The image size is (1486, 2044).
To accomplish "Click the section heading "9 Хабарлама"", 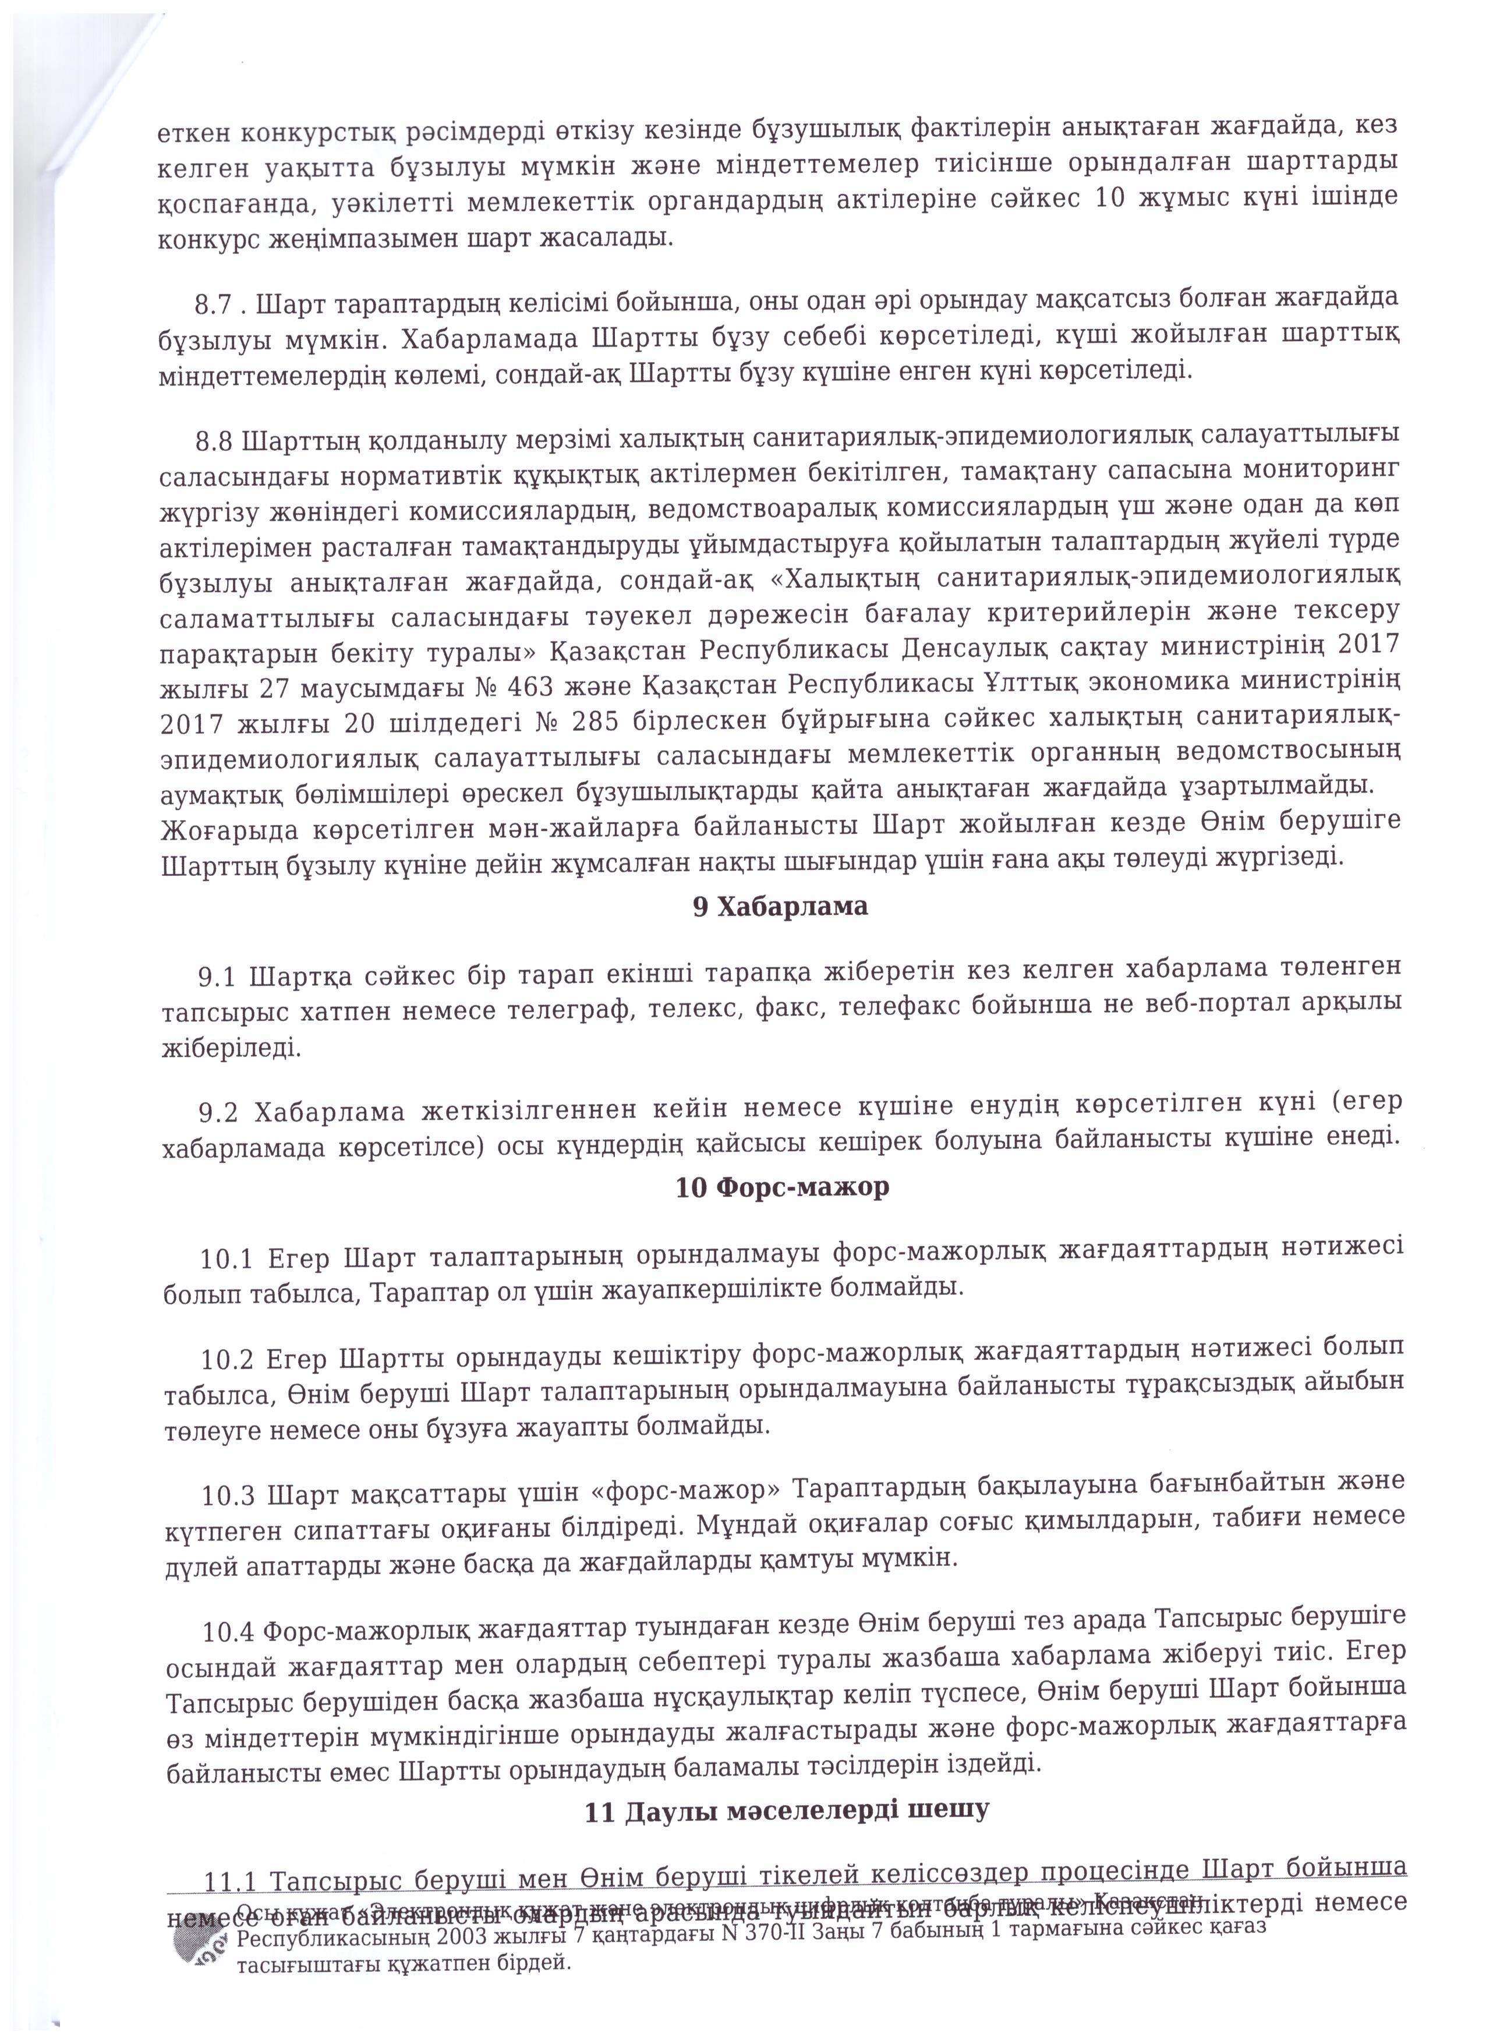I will pyautogui.click(x=780, y=907).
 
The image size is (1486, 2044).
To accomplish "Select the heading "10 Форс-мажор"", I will pyautogui.click(x=781, y=1187).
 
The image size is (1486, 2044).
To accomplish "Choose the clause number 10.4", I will pyautogui.click(x=229, y=1632).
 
